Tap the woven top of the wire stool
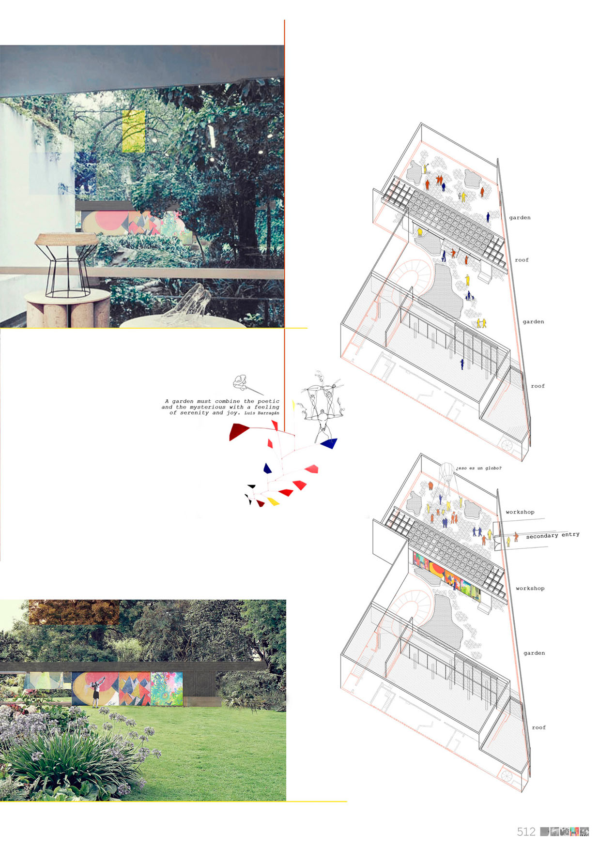point(66,238)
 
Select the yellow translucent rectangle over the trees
point(134,131)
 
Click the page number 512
point(526,832)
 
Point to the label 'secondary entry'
point(553,535)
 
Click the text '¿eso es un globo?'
point(478,468)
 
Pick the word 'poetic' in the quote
point(268,401)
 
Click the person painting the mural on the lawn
point(96,693)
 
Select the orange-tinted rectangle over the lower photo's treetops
point(74,612)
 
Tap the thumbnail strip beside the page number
point(564,832)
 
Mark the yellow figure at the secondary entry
point(508,541)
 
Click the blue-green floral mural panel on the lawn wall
point(167,688)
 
